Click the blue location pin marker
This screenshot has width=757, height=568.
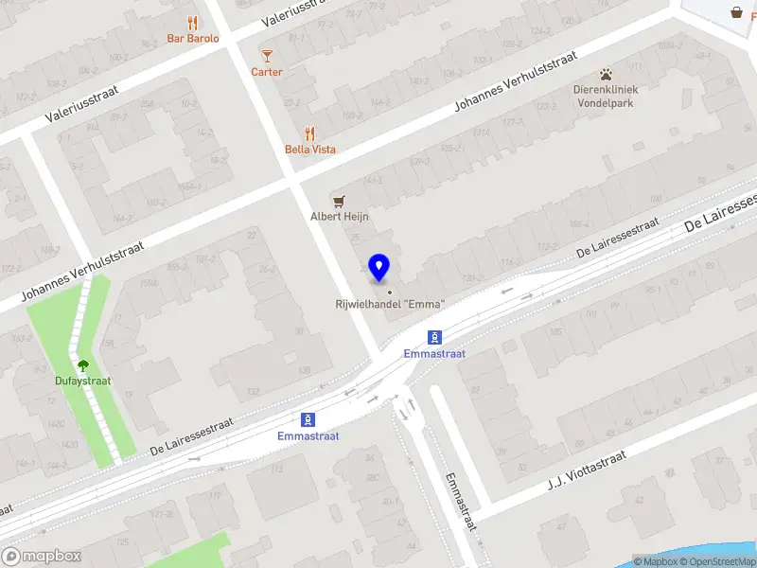(379, 268)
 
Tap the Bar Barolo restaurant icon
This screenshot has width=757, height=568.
(193, 23)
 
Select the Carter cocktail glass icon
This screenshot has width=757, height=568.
(267, 56)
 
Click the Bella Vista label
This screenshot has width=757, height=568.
(310, 150)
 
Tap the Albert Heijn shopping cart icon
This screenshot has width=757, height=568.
(339, 200)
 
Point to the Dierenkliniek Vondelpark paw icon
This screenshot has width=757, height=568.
(606, 74)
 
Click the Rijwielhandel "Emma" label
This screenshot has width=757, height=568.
(390, 304)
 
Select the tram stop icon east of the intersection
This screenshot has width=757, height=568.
(434, 337)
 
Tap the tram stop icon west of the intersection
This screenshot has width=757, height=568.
(308, 419)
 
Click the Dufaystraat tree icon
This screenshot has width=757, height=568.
(83, 365)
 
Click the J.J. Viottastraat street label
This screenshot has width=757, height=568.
(587, 470)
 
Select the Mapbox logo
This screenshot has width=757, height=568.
(42, 557)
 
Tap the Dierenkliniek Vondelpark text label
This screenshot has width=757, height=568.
(606, 97)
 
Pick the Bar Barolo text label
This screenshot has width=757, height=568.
(193, 39)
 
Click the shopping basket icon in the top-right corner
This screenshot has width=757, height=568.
(736, 12)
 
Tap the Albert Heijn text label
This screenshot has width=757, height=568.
(340, 217)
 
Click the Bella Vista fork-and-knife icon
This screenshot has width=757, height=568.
(309, 133)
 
